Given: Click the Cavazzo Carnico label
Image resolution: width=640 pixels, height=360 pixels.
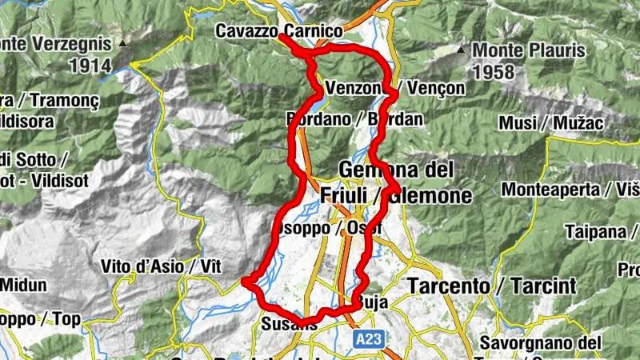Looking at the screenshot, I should tap(278, 31).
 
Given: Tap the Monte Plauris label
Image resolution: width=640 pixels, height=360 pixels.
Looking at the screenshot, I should tap(529, 50).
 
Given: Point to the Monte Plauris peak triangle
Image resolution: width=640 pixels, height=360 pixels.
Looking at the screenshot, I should tap(461, 51).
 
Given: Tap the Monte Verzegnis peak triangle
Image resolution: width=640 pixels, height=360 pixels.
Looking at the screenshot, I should tap(122, 43).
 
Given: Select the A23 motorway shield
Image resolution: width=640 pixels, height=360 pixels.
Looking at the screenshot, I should tap(369, 340).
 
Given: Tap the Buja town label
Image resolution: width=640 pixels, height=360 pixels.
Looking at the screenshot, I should tap(371, 302).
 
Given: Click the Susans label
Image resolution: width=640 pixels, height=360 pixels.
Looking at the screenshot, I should tap(283, 324).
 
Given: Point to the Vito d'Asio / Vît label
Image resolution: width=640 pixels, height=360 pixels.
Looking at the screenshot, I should tap(150, 266).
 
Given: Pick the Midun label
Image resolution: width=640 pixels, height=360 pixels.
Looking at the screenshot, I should tap(23, 285).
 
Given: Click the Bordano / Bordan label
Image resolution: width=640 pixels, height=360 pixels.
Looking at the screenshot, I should tap(354, 119).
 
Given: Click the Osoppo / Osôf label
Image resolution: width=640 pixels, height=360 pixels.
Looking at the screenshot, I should tap(327, 228).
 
